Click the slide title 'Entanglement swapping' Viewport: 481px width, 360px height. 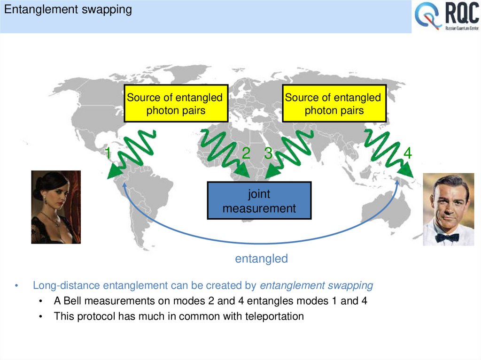[x=68, y=10]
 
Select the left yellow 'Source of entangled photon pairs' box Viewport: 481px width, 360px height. [x=176, y=104]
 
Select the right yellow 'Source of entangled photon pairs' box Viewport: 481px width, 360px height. [x=334, y=104]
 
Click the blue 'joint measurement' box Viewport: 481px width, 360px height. [x=259, y=201]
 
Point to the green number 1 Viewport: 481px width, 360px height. [x=108, y=153]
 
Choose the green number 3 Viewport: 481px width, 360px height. [x=268, y=153]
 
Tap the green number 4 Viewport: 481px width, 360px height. [x=407, y=153]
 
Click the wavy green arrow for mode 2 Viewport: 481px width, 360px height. [x=223, y=153]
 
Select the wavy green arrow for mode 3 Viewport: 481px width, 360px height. [x=289, y=153]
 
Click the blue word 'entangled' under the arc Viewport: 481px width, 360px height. [x=261, y=259]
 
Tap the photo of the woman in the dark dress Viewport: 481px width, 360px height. [x=56, y=207]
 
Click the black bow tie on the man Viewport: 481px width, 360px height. [x=447, y=237]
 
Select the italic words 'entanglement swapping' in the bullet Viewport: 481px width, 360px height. [x=316, y=285]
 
